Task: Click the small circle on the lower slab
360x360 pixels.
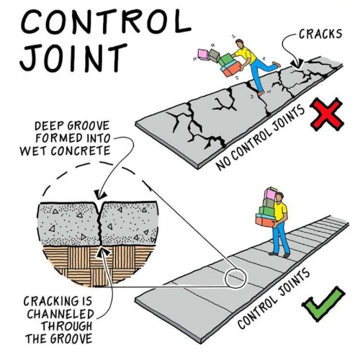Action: click(235, 279)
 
